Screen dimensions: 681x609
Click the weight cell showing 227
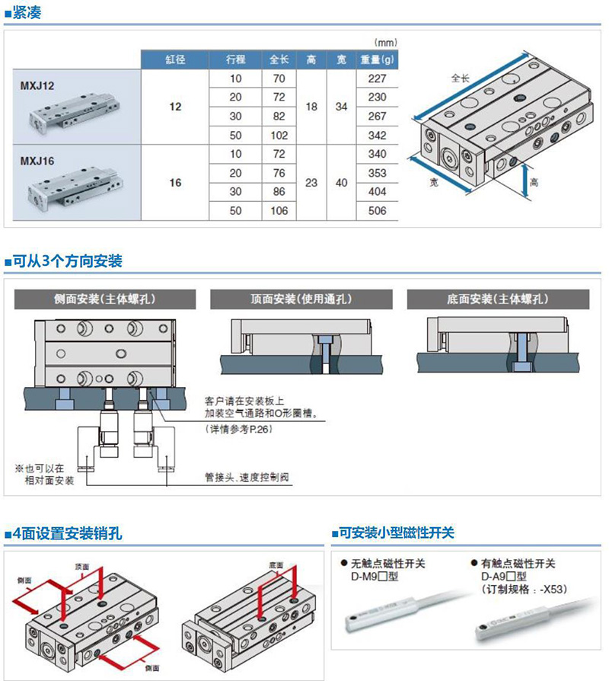377,78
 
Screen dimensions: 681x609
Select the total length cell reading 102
279,136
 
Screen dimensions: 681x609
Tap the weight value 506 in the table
377,211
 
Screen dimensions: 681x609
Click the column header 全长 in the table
279,59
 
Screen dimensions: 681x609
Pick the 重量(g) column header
377,59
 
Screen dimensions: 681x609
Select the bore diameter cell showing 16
175,183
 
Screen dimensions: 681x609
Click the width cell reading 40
341,183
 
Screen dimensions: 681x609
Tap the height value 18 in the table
311,107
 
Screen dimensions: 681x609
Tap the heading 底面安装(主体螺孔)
497,299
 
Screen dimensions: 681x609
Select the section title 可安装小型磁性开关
396,533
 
